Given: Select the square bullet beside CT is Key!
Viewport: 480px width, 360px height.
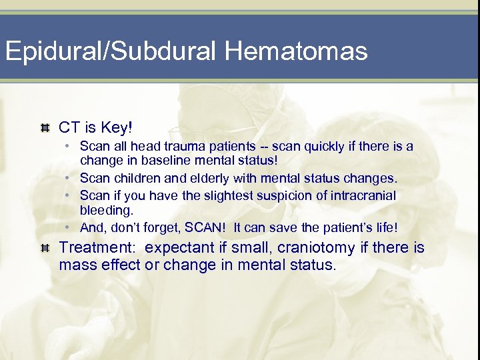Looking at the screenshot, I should (45, 127).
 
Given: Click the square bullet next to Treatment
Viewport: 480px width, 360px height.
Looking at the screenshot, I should (45, 248).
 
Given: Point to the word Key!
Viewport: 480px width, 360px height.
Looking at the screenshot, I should (115, 127).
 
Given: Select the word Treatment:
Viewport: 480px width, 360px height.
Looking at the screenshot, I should (99, 248).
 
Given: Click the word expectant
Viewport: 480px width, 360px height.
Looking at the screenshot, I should (178, 248).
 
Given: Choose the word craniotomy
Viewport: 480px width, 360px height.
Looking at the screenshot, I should (316, 248).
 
